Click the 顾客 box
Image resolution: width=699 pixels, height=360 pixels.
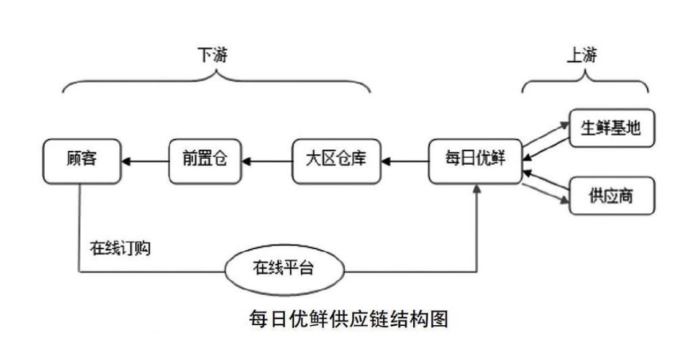81,162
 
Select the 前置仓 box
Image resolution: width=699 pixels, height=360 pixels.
204,162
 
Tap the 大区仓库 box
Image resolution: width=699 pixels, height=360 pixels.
336,162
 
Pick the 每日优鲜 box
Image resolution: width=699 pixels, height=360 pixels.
475,162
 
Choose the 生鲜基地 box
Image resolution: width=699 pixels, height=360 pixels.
611,129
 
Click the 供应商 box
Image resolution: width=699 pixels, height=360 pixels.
611,197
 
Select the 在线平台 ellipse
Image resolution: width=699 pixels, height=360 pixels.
283,269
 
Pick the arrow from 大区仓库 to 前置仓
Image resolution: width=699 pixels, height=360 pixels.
267,162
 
